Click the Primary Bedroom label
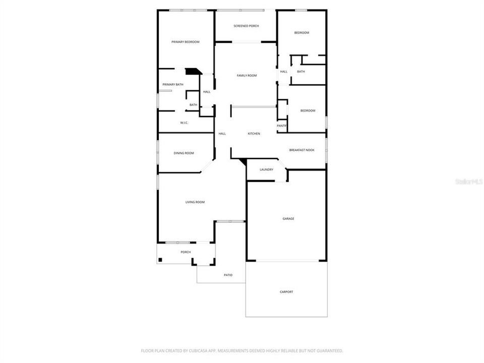coord(185,42)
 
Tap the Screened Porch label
coord(246,26)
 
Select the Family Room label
coord(247,76)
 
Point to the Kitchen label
coord(254,134)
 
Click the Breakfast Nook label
coord(301,150)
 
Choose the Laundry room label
coord(266,169)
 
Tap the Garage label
coord(288,219)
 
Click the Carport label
coord(286,292)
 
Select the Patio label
coord(228,275)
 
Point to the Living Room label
coord(195,202)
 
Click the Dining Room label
coord(184,153)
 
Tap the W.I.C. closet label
coord(184,123)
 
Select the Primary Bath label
coord(172,85)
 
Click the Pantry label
coord(281,126)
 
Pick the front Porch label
coord(186,252)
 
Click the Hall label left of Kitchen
coord(222,134)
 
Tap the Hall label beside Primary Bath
coord(207,92)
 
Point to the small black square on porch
coord(160,260)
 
